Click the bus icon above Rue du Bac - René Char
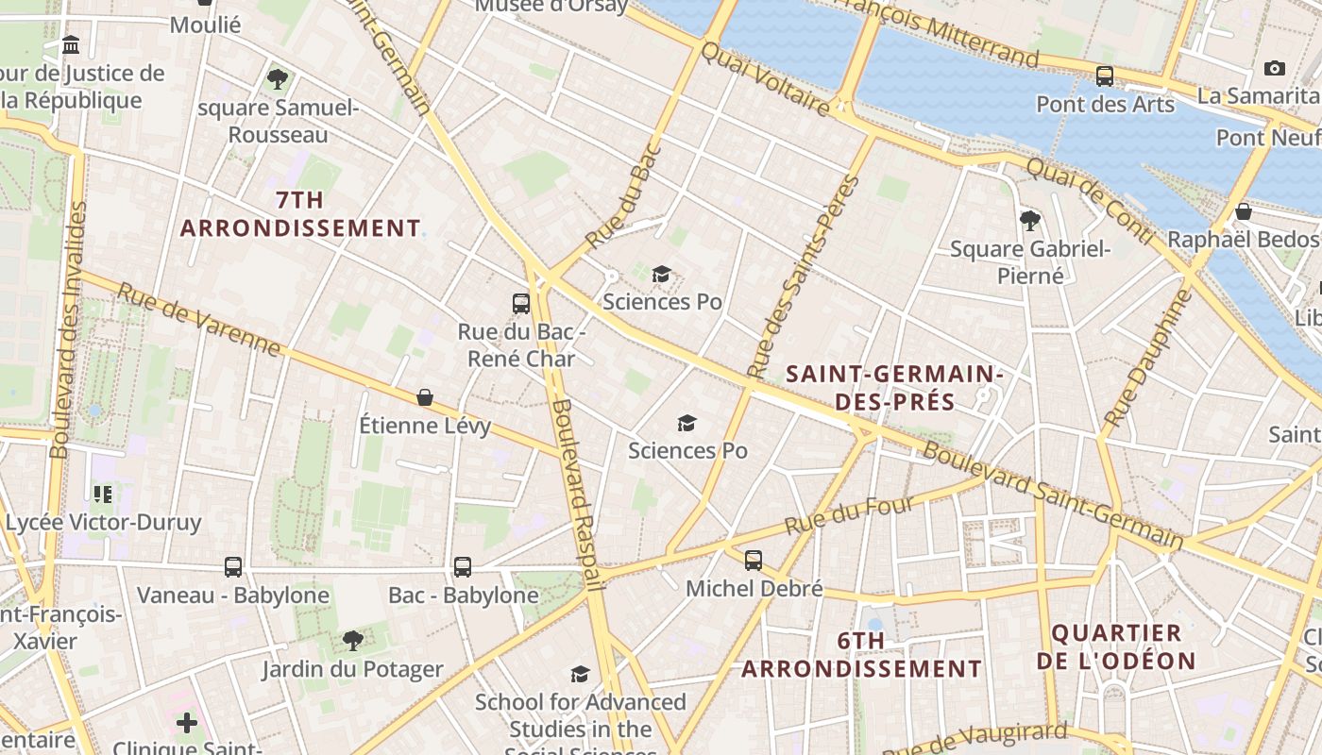click(520, 304)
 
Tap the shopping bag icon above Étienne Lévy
click(425, 398)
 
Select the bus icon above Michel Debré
click(753, 561)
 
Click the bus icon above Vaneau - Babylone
click(233, 567)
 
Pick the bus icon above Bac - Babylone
click(462, 567)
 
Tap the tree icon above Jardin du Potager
click(352, 641)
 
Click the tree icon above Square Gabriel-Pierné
click(1029, 221)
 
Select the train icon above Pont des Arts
click(1104, 76)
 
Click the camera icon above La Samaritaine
click(1274, 68)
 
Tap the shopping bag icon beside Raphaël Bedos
click(1244, 211)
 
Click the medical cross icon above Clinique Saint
click(187, 723)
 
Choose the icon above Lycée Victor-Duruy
click(103, 494)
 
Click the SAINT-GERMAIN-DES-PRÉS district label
click(894, 388)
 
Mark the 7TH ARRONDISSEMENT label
click(300, 214)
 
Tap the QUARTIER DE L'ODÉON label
click(1116, 646)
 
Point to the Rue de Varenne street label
click(198, 320)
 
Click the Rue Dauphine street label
click(1148, 358)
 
